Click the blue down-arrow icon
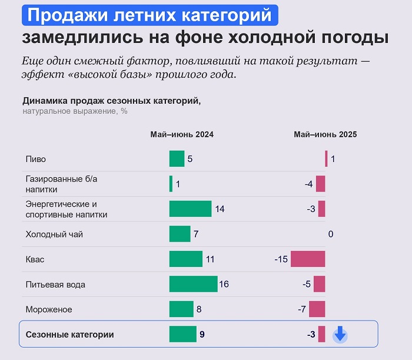click(340, 335)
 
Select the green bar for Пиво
click(177, 159)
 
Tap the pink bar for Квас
click(307, 259)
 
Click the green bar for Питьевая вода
click(193, 284)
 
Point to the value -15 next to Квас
click(281, 259)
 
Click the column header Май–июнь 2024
click(182, 134)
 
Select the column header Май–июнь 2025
click(325, 134)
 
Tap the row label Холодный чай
click(54, 235)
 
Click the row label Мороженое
click(49, 309)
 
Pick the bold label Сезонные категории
click(69, 335)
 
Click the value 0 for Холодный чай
click(331, 235)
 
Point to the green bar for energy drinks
click(190, 209)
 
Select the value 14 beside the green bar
click(220, 209)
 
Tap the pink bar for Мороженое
click(317, 309)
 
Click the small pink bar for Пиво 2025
click(326, 159)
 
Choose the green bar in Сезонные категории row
click(182, 334)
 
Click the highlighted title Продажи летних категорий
click(149, 15)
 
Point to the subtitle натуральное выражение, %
click(75, 111)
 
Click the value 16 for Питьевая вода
click(224, 285)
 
